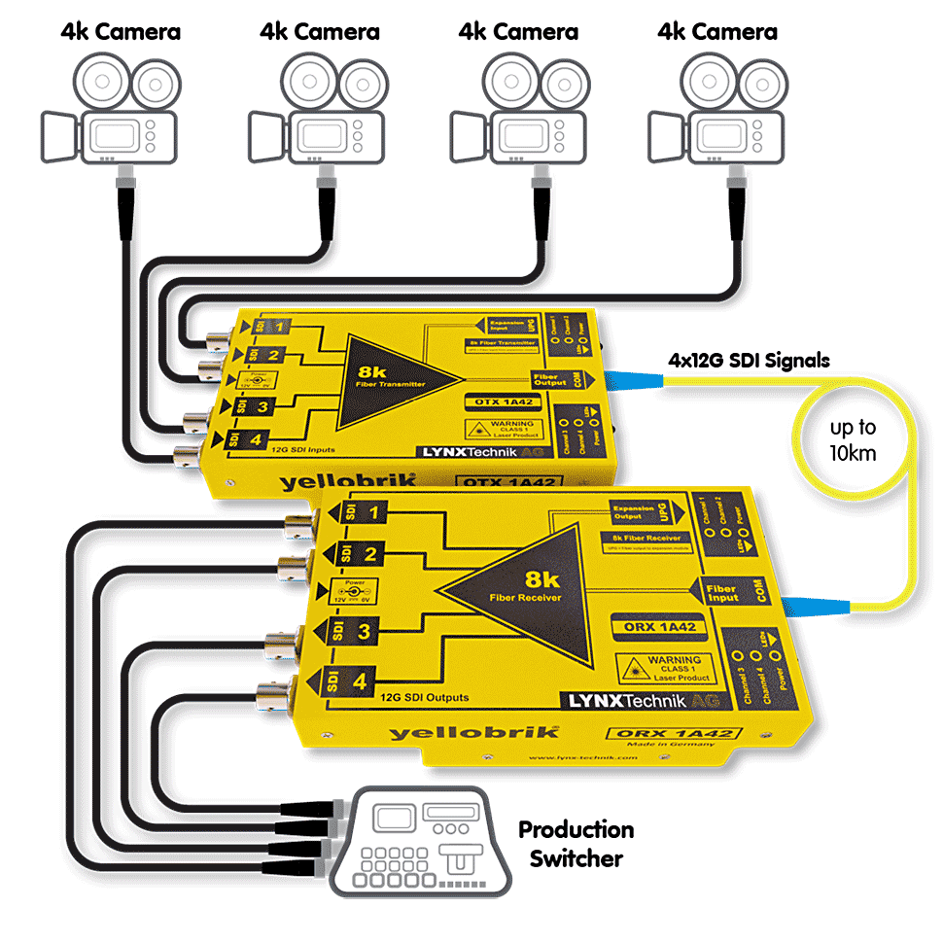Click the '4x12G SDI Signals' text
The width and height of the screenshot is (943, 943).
click(749, 361)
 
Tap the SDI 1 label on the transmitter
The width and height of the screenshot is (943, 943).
click(266, 328)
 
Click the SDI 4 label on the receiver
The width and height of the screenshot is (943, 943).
click(348, 681)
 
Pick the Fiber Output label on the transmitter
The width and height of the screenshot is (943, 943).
click(549, 378)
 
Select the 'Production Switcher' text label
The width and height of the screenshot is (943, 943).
click(576, 843)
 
